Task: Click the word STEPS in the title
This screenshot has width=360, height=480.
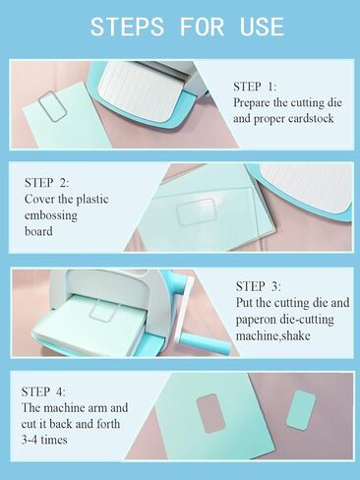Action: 127,27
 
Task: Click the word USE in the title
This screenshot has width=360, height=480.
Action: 262,27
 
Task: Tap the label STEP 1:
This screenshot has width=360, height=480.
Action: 255,87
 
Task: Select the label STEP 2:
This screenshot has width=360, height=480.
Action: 47,183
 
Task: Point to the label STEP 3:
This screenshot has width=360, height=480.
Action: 259,286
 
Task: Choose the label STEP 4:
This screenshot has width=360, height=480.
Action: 43,391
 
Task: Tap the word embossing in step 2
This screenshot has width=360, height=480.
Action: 51,215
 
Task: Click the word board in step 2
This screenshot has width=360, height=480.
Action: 38,231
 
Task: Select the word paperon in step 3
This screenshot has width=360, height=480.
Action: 257,320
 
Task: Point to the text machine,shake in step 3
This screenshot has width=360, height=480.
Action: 272,335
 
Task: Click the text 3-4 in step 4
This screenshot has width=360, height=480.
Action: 30,440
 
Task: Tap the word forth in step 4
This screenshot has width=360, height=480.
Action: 108,424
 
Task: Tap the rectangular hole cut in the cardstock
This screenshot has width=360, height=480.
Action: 210,413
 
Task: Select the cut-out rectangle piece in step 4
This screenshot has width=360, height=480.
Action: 301,410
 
